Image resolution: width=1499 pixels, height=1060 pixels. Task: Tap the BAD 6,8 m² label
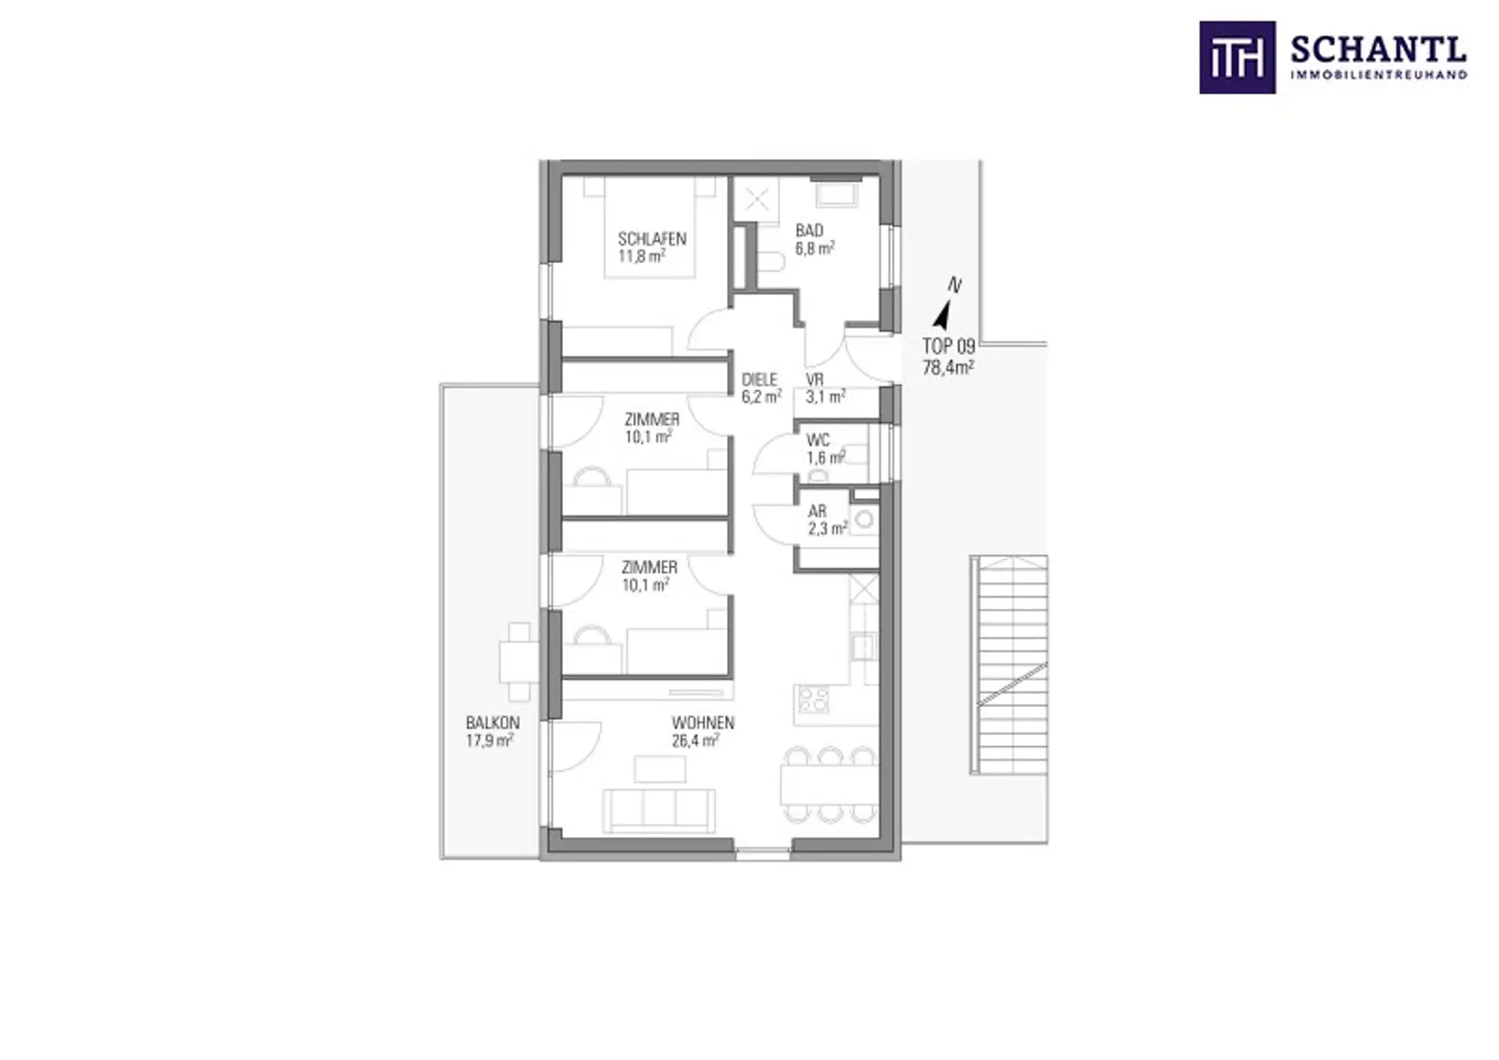(815, 239)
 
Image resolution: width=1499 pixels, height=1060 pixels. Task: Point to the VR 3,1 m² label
(825, 388)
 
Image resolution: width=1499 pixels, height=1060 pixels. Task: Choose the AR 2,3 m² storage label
(827, 520)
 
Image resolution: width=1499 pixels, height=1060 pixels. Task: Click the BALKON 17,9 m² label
(493, 731)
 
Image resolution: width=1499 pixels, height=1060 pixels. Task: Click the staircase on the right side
(1009, 665)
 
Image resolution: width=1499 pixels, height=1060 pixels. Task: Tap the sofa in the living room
(659, 810)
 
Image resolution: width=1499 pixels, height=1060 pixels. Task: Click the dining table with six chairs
(830, 784)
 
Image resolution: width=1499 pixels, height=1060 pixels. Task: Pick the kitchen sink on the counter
(863, 647)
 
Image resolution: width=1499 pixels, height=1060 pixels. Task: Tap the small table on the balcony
(517, 662)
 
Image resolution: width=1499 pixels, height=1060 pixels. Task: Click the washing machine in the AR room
(864, 519)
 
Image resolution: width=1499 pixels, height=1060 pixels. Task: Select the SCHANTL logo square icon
(1237, 58)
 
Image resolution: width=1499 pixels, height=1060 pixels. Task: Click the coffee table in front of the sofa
(660, 769)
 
